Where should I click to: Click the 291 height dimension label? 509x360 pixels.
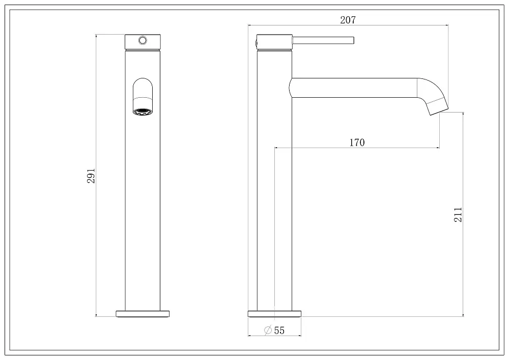pyautogui.click(x=91, y=176)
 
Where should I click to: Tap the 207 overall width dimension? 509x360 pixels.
pyautogui.click(x=348, y=20)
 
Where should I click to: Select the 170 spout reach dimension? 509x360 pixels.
pyautogui.click(x=357, y=143)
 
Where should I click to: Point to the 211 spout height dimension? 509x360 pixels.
pyautogui.click(x=458, y=214)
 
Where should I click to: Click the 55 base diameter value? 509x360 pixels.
pyautogui.click(x=279, y=330)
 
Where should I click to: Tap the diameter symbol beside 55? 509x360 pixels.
pyautogui.click(x=268, y=330)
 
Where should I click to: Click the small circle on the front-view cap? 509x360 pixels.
pyautogui.click(x=143, y=40)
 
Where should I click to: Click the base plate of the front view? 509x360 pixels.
pyautogui.click(x=143, y=314)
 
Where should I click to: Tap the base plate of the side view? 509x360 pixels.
pyautogui.click(x=275, y=314)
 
